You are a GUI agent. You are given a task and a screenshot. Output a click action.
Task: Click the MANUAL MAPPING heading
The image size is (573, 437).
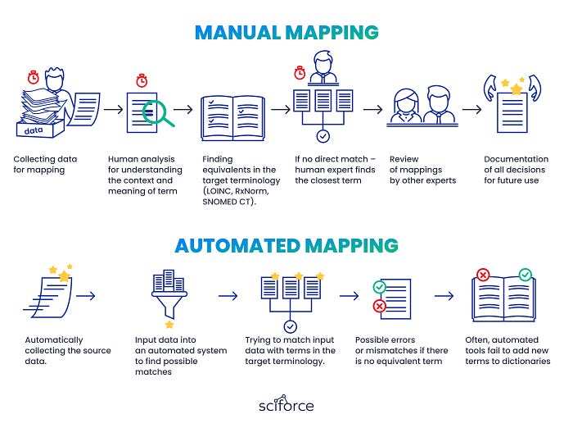(286, 33)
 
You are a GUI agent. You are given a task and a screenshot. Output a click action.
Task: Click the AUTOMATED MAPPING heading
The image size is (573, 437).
(286, 245)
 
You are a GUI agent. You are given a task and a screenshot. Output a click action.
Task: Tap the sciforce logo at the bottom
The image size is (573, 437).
(286, 405)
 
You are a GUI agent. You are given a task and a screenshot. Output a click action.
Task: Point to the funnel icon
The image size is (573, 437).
(169, 294)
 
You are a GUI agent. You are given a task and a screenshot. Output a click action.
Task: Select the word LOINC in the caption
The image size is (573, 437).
(219, 191)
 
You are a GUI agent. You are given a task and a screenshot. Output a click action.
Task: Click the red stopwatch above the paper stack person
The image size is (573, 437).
(34, 77)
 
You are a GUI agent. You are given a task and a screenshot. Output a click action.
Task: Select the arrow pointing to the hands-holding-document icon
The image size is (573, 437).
(471, 108)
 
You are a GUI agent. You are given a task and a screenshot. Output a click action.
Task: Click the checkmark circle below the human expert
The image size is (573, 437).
(323, 136)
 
